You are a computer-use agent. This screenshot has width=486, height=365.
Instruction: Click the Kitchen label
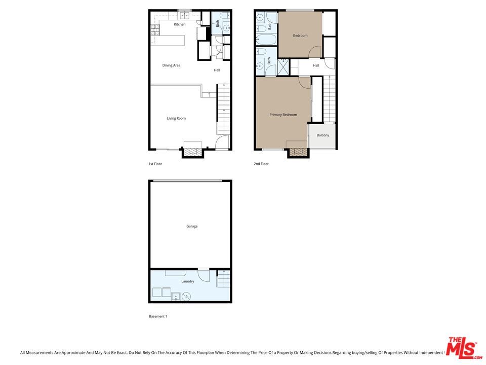(180, 24)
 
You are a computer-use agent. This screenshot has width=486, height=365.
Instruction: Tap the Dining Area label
(171, 65)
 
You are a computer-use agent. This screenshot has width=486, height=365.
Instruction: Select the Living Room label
(176, 119)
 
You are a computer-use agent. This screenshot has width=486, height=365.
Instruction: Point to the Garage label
(191, 227)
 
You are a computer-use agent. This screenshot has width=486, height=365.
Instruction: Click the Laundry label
(187, 282)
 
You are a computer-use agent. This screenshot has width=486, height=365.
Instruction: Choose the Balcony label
(323, 135)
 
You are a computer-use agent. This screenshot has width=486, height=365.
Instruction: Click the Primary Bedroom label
(283, 115)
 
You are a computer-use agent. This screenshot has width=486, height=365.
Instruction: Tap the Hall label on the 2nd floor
(316, 65)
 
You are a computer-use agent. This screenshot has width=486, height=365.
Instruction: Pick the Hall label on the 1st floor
(217, 70)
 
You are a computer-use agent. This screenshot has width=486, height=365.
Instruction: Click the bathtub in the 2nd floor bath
(265, 39)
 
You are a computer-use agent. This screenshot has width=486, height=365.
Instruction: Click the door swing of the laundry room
(204, 275)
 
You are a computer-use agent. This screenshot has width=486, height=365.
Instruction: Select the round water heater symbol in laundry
(187, 296)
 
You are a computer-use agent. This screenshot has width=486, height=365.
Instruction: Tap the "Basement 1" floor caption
(158, 316)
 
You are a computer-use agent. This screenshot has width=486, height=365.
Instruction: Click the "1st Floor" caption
(155, 164)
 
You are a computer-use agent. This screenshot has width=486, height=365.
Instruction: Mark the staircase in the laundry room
(223, 279)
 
